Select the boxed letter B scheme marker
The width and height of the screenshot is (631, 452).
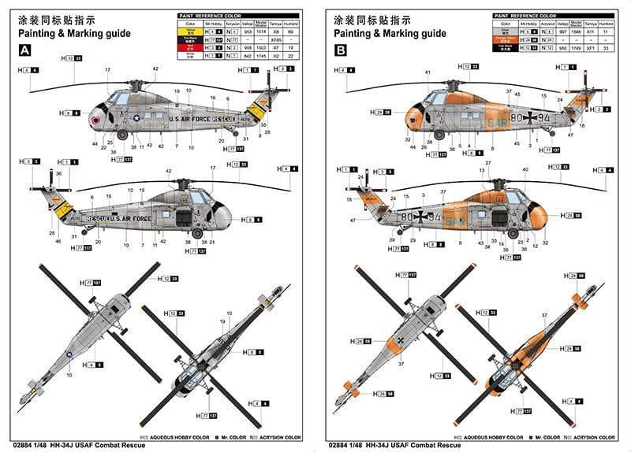coord(341,50)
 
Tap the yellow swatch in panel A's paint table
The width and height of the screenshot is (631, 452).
coord(189,31)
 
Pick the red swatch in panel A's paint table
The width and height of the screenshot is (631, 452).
coord(189,47)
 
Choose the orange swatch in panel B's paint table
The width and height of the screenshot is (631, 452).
coord(504,39)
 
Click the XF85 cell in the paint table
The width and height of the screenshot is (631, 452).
coord(276,39)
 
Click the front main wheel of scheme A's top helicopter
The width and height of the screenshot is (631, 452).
coord(122,135)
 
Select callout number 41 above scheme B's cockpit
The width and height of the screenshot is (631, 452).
coord(428,73)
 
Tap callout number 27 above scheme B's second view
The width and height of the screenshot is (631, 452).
coord(488,164)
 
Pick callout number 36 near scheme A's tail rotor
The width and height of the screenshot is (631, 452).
coord(58,172)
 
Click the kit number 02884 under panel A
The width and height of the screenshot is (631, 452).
coord(31,445)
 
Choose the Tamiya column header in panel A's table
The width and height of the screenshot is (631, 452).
coord(276,25)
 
